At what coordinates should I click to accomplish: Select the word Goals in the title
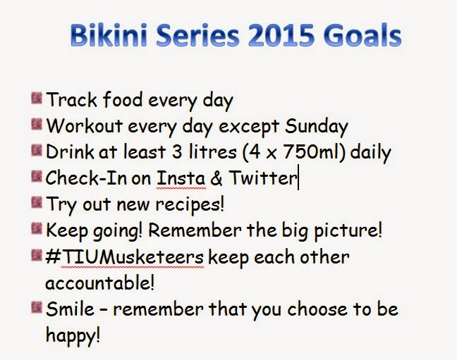tap(362, 35)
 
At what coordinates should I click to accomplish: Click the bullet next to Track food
tap(37, 98)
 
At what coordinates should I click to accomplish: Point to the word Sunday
tap(317, 128)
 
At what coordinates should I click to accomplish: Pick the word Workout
tap(84, 126)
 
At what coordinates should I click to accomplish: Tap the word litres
tap(212, 151)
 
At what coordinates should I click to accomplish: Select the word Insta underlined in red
tap(181, 178)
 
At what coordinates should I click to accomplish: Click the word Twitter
tap(262, 178)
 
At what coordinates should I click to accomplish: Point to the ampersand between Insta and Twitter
tap(217, 178)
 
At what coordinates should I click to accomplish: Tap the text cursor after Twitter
tap(298, 177)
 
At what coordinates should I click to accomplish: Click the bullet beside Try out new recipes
tap(37, 202)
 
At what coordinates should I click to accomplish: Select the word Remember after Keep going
tap(195, 230)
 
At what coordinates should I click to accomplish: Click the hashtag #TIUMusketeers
tap(124, 257)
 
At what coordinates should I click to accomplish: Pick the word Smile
tap(71, 309)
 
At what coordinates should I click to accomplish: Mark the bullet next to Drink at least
tap(37, 150)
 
